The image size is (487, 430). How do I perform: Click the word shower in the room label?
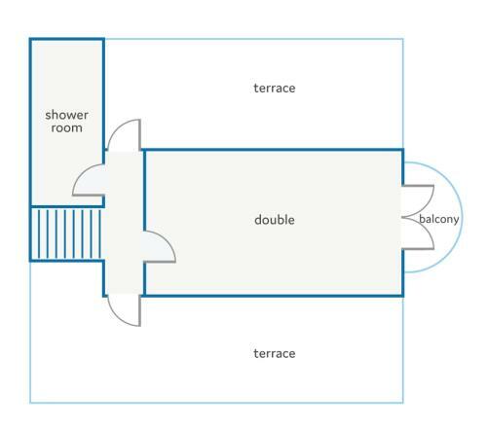pyautogui.click(x=66, y=115)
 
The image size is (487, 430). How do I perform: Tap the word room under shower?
pyautogui.click(x=66, y=128)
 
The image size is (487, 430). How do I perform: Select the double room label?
pyautogui.click(x=275, y=220)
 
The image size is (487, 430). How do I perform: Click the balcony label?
pyautogui.click(x=439, y=219)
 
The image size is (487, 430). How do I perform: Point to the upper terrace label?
pyautogui.click(x=275, y=89)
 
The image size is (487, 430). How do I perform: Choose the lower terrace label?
pyautogui.click(x=275, y=353)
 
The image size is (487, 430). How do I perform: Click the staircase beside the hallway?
pyautogui.click(x=66, y=233)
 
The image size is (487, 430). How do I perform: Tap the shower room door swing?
pyautogui.click(x=89, y=180)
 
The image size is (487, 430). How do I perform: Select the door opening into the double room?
pyautogui.click(x=160, y=246)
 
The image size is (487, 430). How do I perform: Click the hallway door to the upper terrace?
pyautogui.click(x=124, y=135)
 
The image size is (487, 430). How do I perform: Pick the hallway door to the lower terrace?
pyautogui.click(x=124, y=310)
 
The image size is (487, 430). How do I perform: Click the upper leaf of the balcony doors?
pyautogui.click(x=418, y=201)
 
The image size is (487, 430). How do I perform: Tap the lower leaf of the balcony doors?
pyautogui.click(x=418, y=233)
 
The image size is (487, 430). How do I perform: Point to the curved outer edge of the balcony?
pyautogui.click(x=462, y=217)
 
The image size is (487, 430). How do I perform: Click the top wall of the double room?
pyautogui.click(x=274, y=150)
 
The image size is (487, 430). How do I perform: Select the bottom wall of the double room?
pyautogui.click(x=274, y=296)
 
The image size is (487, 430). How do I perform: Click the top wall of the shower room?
pyautogui.click(x=66, y=40)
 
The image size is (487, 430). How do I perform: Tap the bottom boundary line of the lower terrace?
pyautogui.click(x=216, y=403)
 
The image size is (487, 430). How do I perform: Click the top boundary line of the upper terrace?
pyautogui.click(x=254, y=39)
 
